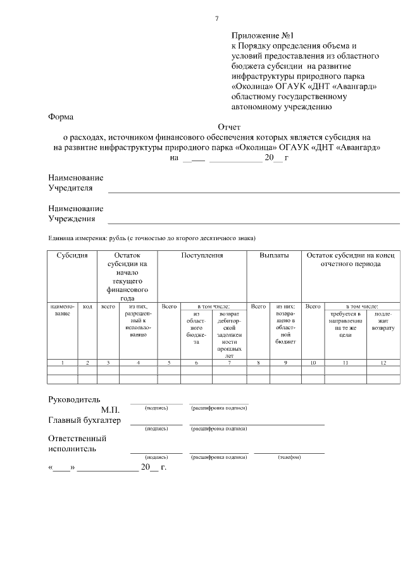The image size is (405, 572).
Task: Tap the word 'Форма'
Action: (61, 117)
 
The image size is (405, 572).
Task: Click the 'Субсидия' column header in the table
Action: (72, 256)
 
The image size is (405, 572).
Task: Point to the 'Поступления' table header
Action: (202, 256)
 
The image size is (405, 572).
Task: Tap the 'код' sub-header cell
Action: (87, 307)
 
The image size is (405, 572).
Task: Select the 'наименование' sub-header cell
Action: (62, 310)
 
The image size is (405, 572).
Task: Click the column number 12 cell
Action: (382, 362)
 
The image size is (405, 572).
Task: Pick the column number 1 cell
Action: (62, 362)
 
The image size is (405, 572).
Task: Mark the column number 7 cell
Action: (229, 362)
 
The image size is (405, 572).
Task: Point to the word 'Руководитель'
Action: (75, 399)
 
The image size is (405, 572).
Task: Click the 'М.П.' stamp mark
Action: (111, 410)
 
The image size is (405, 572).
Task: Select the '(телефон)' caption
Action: (289, 456)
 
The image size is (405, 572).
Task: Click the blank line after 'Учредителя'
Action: (253, 190)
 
